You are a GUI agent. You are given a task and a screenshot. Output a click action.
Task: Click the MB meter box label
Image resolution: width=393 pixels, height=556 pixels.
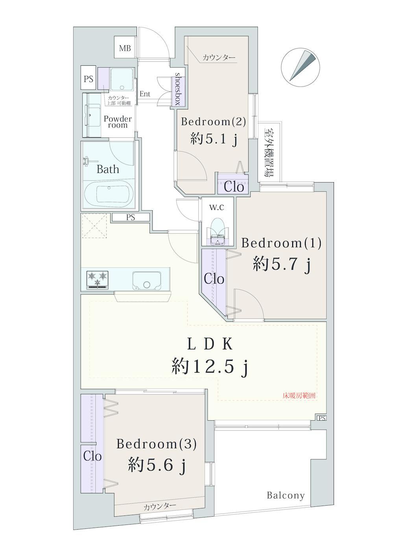pyautogui.click(x=125, y=48)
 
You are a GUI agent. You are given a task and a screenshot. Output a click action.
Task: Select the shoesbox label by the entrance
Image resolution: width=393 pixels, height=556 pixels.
pyautogui.click(x=178, y=89)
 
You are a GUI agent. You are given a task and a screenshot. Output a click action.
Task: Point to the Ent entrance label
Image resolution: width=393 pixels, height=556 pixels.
pyautogui.click(x=145, y=94)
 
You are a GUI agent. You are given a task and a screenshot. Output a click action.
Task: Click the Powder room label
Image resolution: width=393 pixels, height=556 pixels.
pyautogui.click(x=118, y=122)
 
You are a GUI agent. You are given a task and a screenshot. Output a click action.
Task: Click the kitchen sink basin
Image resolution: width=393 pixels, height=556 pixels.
pyautogui.click(x=146, y=280)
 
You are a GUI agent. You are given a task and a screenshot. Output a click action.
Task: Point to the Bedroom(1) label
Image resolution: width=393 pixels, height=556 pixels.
pyautogui.click(x=282, y=243)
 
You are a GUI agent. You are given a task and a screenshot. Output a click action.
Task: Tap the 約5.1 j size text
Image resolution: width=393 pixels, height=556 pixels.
pyautogui.click(x=214, y=140)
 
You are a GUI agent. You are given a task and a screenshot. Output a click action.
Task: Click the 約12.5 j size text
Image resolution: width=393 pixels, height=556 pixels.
pyautogui.click(x=210, y=368)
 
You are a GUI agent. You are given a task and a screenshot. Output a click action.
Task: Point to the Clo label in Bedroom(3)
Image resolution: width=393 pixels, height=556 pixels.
pyautogui.click(x=92, y=456)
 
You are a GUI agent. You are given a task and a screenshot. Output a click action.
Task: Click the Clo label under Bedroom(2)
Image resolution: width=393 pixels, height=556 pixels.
pyautogui.click(x=234, y=187)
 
